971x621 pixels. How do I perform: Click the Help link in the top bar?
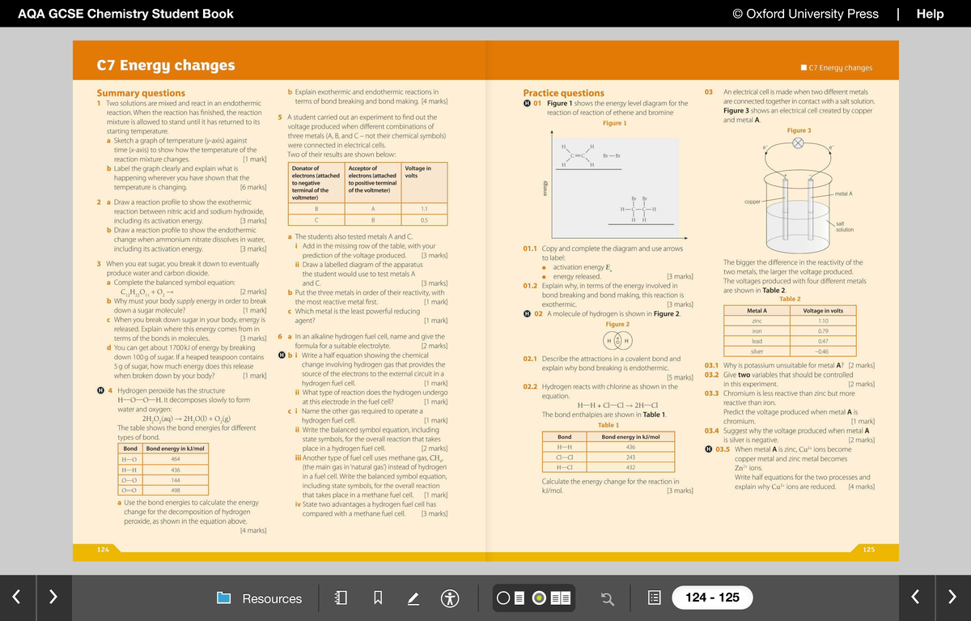(x=930, y=13)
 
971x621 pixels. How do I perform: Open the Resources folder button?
(x=260, y=598)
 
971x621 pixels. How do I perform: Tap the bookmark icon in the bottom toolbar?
(x=377, y=598)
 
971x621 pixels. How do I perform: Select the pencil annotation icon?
(x=413, y=598)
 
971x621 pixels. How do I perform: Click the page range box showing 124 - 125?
(x=712, y=598)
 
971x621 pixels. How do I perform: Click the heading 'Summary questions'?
(x=141, y=93)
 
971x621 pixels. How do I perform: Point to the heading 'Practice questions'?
(x=563, y=93)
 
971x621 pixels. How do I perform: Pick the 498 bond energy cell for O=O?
(x=175, y=491)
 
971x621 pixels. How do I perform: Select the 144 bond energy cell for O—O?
(x=175, y=480)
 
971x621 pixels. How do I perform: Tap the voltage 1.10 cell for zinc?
(x=822, y=321)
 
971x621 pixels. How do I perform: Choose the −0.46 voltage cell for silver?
(x=822, y=351)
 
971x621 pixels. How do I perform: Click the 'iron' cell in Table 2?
(x=757, y=331)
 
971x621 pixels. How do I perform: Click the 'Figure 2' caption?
(x=617, y=324)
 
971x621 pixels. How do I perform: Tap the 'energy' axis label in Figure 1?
(x=545, y=189)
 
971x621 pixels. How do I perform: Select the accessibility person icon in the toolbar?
(x=451, y=598)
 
